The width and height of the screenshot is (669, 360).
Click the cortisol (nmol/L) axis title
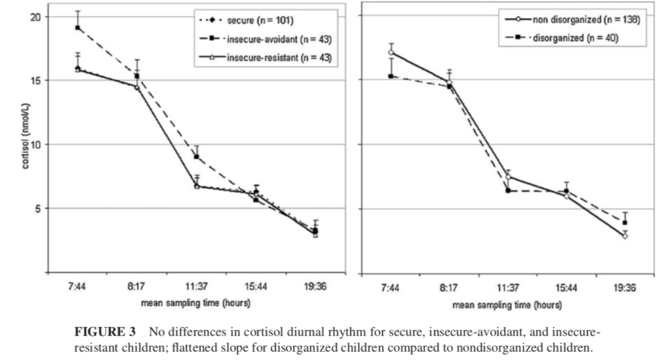pyautogui.click(x=9, y=145)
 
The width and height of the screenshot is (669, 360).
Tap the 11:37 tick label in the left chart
pyautogui.click(x=197, y=287)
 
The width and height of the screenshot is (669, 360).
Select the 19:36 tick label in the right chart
pyautogui.click(x=624, y=287)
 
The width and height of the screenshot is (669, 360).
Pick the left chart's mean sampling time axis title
pyautogui.click(x=196, y=304)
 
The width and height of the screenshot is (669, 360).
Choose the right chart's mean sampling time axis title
pyautogui.click(x=507, y=305)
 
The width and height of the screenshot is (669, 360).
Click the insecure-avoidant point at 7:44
pyautogui.click(x=78, y=28)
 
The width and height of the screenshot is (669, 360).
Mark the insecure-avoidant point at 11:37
pyautogui.click(x=197, y=157)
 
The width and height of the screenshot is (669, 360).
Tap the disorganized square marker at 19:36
pyautogui.click(x=624, y=223)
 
